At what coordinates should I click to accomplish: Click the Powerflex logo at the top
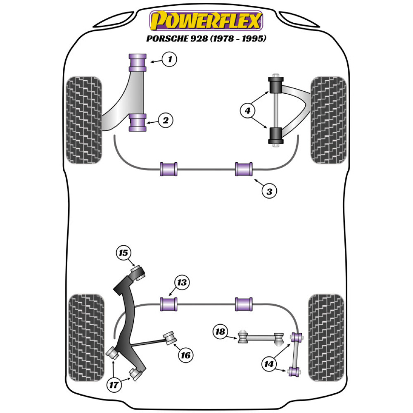206,21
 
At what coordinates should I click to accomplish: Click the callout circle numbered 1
169,60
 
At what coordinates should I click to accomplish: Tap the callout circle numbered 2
165,121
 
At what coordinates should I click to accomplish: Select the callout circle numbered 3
269,191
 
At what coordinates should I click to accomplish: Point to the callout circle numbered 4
247,110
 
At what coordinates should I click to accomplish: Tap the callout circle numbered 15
123,252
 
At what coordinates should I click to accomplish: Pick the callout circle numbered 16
185,355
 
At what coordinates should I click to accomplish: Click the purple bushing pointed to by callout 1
138,62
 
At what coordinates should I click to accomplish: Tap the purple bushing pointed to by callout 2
138,123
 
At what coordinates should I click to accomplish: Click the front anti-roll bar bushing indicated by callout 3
244,169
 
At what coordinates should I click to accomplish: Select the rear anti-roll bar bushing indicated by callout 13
169,304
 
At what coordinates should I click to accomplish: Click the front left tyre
84,120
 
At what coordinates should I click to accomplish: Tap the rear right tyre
326,337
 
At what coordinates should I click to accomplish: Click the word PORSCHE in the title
164,39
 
